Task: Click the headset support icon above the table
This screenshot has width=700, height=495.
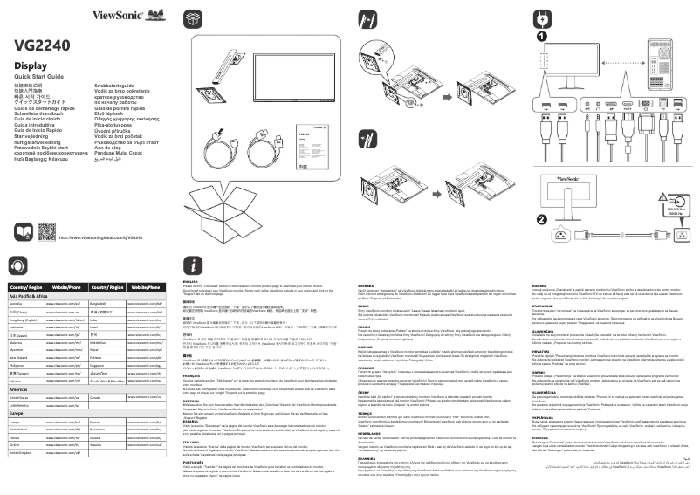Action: tap(17, 266)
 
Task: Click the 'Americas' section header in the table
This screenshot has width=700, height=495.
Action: tap(19, 389)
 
